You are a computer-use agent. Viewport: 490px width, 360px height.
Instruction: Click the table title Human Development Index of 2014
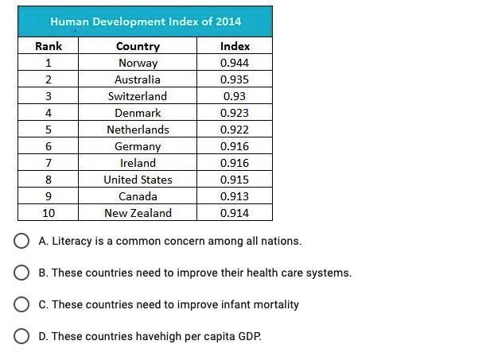point(146,21)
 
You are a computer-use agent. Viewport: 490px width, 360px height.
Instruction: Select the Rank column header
point(49,46)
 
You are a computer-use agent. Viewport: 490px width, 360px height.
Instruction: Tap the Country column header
point(138,46)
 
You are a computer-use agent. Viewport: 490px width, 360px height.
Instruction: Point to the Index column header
point(235,46)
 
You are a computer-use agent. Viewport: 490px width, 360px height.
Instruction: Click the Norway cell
point(138,63)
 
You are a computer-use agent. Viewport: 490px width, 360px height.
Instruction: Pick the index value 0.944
point(235,63)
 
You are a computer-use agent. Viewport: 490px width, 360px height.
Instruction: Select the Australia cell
point(138,79)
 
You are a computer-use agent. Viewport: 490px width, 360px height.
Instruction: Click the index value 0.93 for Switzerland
point(235,96)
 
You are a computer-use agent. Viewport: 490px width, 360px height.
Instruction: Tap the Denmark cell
point(138,113)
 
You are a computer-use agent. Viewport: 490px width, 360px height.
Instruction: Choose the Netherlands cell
point(138,130)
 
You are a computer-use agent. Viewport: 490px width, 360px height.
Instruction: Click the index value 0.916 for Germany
point(235,146)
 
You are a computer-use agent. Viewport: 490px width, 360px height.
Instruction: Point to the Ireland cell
point(138,163)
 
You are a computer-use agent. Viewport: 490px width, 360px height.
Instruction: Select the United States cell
point(138,180)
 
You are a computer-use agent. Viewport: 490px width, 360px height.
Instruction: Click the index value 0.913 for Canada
point(235,196)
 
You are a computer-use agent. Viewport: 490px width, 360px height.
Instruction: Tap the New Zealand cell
point(138,213)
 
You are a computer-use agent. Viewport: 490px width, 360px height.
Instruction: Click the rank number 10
point(49,213)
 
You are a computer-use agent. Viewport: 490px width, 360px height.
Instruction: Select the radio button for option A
point(22,241)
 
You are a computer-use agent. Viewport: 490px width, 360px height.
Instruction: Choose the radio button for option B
point(22,273)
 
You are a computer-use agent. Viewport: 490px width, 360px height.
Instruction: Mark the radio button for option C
point(22,304)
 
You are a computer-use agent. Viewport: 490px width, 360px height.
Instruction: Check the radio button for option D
point(22,336)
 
